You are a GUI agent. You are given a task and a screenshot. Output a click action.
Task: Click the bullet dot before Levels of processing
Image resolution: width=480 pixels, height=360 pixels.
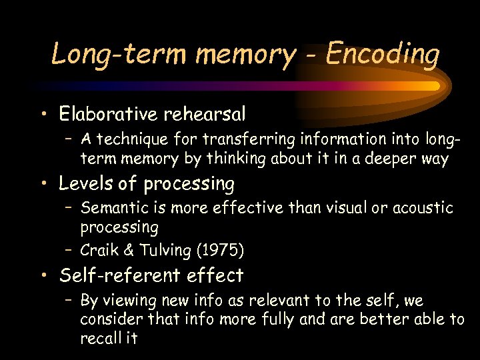point(43,184)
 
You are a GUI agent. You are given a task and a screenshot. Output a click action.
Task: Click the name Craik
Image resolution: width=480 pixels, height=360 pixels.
point(98,251)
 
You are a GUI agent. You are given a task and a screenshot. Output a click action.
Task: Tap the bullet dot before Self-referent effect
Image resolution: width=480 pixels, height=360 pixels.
point(43,276)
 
